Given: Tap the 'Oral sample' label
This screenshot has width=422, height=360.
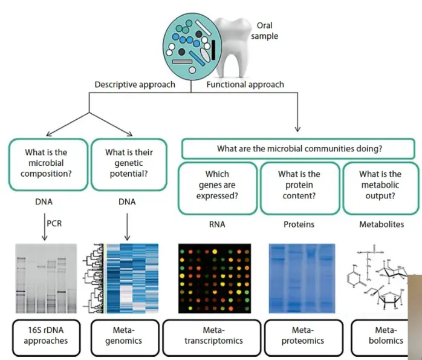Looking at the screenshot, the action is [265, 31].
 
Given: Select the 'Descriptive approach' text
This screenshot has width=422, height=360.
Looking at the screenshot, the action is [135, 85].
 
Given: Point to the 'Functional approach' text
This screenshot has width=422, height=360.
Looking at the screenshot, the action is [245, 85].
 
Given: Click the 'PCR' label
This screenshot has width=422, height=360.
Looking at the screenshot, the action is [54, 223].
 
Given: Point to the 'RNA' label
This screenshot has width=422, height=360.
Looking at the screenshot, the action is [217, 224].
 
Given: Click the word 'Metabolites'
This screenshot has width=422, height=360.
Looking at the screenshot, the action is [381, 224].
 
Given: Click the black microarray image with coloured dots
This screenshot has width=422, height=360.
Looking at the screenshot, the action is [215, 278].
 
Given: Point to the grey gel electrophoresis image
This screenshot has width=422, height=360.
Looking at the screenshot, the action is [46, 278].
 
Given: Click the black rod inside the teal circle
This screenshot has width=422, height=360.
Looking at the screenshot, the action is [213, 50].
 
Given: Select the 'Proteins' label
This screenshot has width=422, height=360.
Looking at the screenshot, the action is [299, 224].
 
